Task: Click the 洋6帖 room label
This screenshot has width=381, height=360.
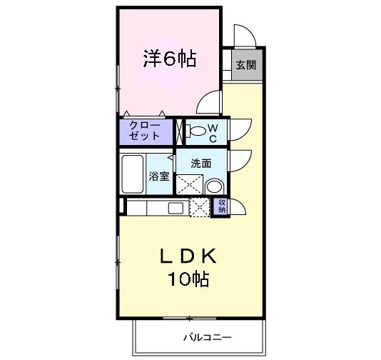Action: point(169,59)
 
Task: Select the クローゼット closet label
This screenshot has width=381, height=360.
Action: point(145,130)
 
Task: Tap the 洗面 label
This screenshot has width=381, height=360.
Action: point(200,163)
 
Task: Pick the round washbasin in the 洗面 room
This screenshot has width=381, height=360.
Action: point(214,187)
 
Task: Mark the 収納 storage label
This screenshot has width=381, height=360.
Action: point(222,206)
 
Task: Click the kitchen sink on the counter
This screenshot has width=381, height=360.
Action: point(175,208)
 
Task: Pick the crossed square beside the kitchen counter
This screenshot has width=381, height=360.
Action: point(199,207)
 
